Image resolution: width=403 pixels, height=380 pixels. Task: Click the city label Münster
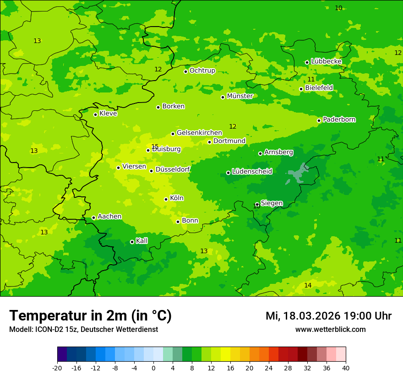(x=240, y=96)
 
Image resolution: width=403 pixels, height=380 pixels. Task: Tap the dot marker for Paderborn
(x=319, y=120)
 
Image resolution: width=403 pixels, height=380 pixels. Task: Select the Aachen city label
(x=109, y=217)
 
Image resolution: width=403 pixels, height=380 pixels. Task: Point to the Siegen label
(x=272, y=203)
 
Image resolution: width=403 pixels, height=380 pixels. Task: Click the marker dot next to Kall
(x=132, y=242)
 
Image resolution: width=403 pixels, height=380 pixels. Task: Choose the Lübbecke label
(x=326, y=61)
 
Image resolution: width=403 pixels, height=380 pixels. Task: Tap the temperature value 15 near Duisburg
(x=155, y=147)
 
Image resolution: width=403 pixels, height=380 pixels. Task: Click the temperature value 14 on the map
(x=308, y=285)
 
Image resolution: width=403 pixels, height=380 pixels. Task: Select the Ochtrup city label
(x=202, y=71)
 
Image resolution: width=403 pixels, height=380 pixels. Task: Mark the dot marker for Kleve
(x=95, y=114)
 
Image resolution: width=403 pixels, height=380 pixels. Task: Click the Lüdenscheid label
(x=252, y=172)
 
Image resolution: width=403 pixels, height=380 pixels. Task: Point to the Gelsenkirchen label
(x=199, y=133)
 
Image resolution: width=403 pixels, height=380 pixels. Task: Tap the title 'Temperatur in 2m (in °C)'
(x=90, y=316)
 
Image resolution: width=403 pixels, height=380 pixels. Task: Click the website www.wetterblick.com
(x=330, y=330)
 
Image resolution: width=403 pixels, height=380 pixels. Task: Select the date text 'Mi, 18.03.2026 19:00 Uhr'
(x=328, y=316)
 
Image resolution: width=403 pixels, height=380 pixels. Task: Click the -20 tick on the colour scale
(x=57, y=368)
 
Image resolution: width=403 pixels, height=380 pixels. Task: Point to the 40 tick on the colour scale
(x=346, y=368)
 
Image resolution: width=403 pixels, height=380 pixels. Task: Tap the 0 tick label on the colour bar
(x=153, y=368)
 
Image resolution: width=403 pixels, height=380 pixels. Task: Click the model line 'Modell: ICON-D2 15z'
(x=83, y=330)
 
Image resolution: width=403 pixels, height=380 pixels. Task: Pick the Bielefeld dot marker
(x=301, y=89)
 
